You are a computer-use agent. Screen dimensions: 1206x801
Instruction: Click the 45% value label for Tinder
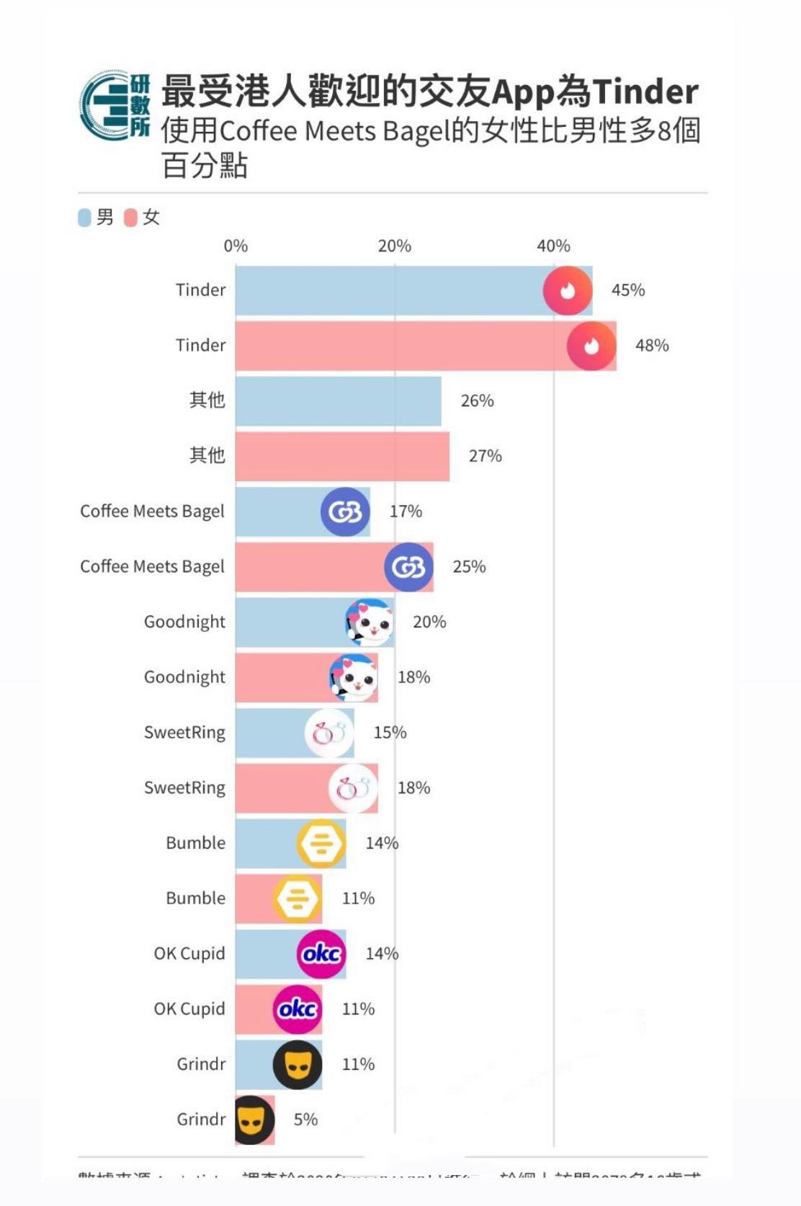pyautogui.click(x=627, y=290)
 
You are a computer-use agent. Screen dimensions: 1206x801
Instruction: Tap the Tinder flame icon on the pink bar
pyautogui.click(x=591, y=347)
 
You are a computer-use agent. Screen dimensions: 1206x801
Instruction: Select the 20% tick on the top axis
pyautogui.click(x=395, y=246)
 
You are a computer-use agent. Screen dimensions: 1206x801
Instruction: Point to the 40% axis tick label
pyautogui.click(x=553, y=246)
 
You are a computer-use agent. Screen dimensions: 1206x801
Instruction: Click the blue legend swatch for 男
pyautogui.click(x=84, y=218)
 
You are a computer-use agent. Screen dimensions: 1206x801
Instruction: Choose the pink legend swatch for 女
pyautogui.click(x=130, y=218)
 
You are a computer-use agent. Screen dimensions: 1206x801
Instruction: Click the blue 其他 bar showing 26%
pyautogui.click(x=338, y=401)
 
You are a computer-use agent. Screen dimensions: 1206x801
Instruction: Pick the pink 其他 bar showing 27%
pyautogui.click(x=342, y=457)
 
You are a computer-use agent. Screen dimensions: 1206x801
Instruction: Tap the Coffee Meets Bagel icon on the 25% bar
pyautogui.click(x=408, y=568)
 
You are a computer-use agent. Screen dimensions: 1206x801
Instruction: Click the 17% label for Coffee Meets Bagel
pyautogui.click(x=406, y=512)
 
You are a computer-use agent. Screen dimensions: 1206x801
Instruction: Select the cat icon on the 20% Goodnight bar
pyautogui.click(x=370, y=622)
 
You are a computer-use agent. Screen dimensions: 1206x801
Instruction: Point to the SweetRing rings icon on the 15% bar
pyautogui.click(x=329, y=733)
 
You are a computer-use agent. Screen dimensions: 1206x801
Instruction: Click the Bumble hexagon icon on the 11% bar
pyautogui.click(x=297, y=899)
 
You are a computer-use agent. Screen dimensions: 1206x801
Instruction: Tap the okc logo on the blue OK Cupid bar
pyautogui.click(x=321, y=954)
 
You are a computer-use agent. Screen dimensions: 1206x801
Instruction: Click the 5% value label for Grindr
pyautogui.click(x=305, y=1120)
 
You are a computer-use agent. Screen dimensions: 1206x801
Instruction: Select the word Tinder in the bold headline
pyautogui.click(x=645, y=91)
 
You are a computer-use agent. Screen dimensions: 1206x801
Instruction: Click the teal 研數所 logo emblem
pyautogui.click(x=115, y=106)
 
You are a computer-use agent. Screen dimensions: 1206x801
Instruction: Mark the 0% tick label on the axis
pyautogui.click(x=236, y=246)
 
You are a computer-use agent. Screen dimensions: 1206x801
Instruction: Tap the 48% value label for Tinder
pyautogui.click(x=652, y=346)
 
